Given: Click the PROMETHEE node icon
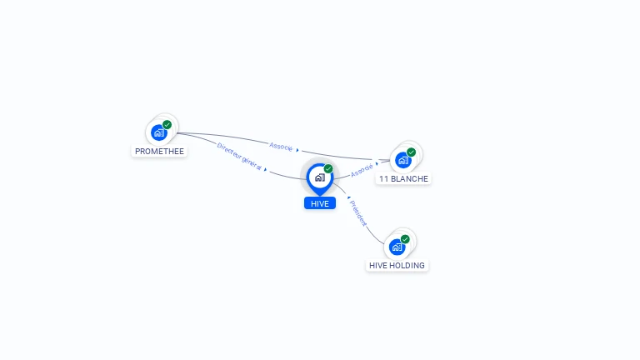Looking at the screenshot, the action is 157,132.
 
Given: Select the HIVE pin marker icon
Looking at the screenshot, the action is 319,177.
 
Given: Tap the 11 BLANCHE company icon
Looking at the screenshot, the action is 403,159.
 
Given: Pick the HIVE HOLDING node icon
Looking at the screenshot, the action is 397,247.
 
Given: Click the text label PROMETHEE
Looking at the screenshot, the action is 159,152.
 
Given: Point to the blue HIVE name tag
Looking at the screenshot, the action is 320,203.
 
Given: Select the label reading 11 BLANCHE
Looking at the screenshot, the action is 403,179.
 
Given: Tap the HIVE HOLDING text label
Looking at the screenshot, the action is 397,266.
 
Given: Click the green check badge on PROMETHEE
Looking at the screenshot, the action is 167,124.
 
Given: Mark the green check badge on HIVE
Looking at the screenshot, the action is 328,168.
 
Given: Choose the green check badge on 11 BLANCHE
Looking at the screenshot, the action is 412,152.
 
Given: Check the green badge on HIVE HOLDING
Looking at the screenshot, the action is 405,239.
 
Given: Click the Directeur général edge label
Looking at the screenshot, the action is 239,157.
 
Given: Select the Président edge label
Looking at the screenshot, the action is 358,213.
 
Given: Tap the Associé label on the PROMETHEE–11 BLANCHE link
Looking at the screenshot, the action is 281,146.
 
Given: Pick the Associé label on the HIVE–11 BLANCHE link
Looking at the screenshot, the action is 362,169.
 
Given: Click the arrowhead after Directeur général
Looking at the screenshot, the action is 266,170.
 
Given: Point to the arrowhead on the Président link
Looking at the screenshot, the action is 348,198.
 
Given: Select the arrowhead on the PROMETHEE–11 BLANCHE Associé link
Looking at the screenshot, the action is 297,150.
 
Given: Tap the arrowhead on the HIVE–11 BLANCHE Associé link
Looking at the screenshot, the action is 377,163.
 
